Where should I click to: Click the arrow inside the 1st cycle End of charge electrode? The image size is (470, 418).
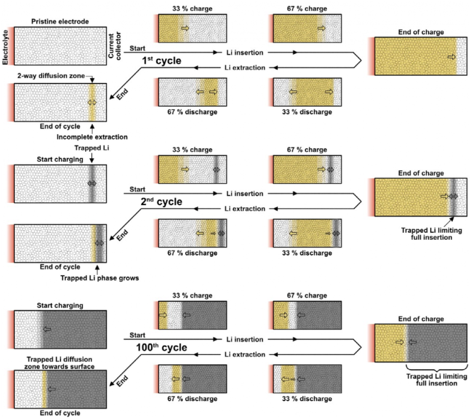pos(451,56)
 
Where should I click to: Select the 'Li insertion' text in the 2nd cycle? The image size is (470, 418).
pos(244,193)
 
